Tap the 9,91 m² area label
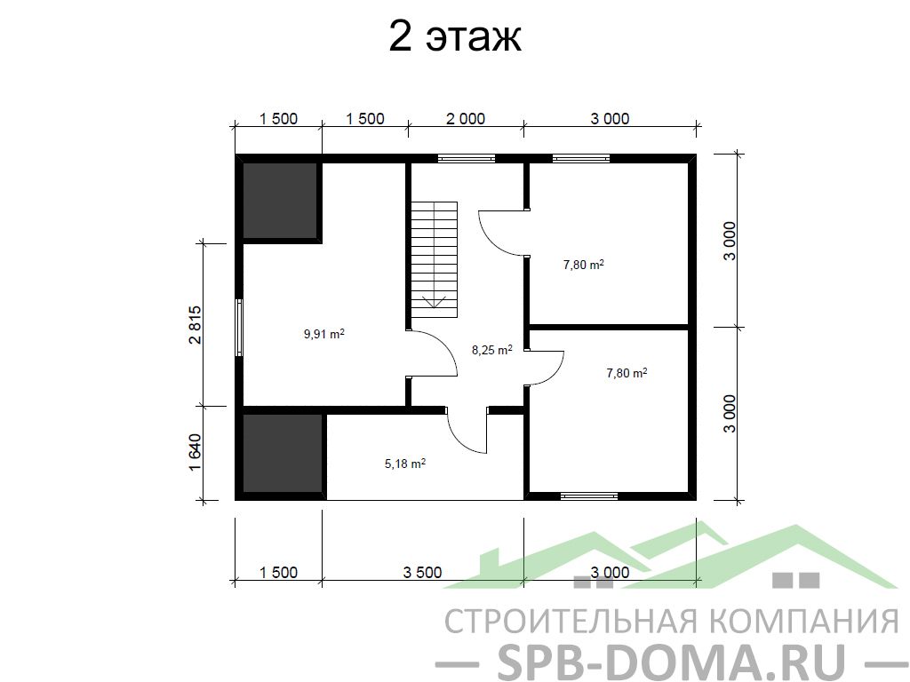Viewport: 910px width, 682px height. (324, 334)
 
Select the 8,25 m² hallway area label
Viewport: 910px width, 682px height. (492, 350)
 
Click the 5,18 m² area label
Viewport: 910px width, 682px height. (405, 464)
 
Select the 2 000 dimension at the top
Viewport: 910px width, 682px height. (466, 118)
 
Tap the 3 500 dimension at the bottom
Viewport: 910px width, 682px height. (422, 573)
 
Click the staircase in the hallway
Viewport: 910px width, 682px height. (435, 260)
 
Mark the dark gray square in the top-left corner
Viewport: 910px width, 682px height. (280, 200)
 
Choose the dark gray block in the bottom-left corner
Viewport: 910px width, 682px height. (282, 453)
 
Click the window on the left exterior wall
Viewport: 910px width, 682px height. (238, 327)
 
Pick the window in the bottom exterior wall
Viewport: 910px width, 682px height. (589, 496)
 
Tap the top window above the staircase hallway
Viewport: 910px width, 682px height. (466, 158)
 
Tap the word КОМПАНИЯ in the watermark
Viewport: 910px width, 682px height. (804, 621)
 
